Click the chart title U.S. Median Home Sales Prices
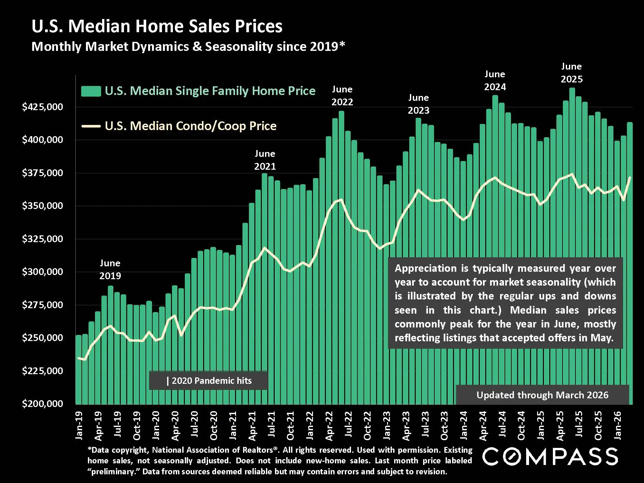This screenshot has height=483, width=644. point(157,26)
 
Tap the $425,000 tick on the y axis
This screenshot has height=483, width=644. point(42,107)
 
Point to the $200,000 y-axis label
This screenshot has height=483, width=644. point(42,403)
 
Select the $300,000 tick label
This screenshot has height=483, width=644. point(42,272)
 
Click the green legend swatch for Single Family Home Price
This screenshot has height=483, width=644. point(91,91)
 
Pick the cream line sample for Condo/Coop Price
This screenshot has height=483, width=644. point(91,126)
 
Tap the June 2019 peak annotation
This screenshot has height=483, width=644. point(110,270)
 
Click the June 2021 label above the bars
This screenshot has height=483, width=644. point(265,160)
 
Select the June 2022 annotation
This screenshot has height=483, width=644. point(342,96)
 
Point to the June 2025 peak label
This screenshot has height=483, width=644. point(572,73)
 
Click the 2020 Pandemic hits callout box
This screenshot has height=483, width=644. point(208,381)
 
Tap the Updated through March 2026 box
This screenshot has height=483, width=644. point(542,395)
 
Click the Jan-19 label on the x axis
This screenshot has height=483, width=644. point(79,425)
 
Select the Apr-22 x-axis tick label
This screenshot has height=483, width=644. point(329,426)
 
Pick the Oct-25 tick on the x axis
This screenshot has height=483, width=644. point(598,426)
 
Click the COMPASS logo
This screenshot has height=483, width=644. point(550,456)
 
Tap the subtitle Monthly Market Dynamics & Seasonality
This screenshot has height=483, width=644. point(188,47)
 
